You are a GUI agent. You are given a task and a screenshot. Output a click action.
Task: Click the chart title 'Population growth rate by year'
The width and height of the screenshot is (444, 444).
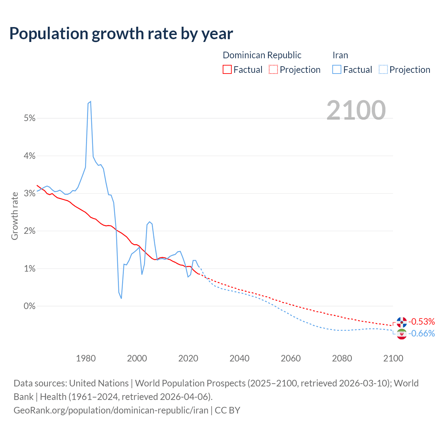point(121,34)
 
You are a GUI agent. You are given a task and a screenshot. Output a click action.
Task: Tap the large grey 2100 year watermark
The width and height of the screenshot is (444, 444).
point(356,110)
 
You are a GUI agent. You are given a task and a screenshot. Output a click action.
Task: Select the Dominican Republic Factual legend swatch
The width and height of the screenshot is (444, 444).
point(227,69)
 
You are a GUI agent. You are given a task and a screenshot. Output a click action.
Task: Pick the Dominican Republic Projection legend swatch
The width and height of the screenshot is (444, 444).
point(273,69)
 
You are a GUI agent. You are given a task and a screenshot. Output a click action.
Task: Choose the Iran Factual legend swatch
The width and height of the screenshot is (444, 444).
point(336,69)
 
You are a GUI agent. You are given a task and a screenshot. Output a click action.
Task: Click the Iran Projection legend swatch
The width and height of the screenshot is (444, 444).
point(383,69)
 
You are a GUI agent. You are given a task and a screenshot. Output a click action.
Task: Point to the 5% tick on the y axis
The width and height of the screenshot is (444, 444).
point(30,118)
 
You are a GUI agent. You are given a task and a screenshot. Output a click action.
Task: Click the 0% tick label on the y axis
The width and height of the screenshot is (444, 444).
point(30,306)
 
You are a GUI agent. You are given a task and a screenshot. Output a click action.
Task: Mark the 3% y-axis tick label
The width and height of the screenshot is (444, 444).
point(30,194)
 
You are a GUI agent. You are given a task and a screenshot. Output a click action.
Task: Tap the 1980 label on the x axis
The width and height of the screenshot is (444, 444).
point(86,358)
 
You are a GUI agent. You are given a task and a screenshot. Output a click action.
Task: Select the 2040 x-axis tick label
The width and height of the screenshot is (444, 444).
point(239,358)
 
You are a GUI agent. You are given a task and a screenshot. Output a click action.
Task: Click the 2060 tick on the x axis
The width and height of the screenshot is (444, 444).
point(291,358)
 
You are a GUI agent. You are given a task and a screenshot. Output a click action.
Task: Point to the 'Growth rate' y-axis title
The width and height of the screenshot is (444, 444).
point(15,216)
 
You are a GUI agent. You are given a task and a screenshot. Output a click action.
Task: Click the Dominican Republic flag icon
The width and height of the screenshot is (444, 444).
point(402,322)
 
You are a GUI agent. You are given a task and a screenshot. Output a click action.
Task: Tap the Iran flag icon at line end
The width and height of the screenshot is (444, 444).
point(402,334)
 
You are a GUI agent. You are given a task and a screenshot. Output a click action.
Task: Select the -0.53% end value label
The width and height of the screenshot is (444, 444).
point(421,322)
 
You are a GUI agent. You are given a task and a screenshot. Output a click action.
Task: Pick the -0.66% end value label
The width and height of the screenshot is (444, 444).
point(421,334)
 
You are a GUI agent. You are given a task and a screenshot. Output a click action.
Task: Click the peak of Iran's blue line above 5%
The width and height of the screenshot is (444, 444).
point(91,102)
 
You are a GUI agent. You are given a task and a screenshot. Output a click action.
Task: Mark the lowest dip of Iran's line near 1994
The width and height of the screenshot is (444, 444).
point(121,298)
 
